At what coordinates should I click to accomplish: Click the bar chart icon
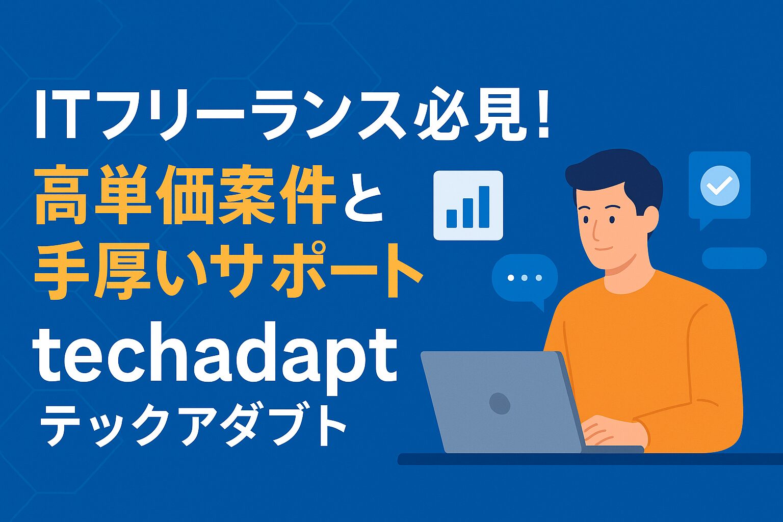point(468,205)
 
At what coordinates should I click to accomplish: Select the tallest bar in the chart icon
point(484,207)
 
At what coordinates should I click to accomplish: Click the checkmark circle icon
point(720,186)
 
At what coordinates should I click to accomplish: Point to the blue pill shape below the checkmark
point(734,258)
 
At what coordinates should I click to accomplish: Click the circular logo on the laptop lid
point(500,403)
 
